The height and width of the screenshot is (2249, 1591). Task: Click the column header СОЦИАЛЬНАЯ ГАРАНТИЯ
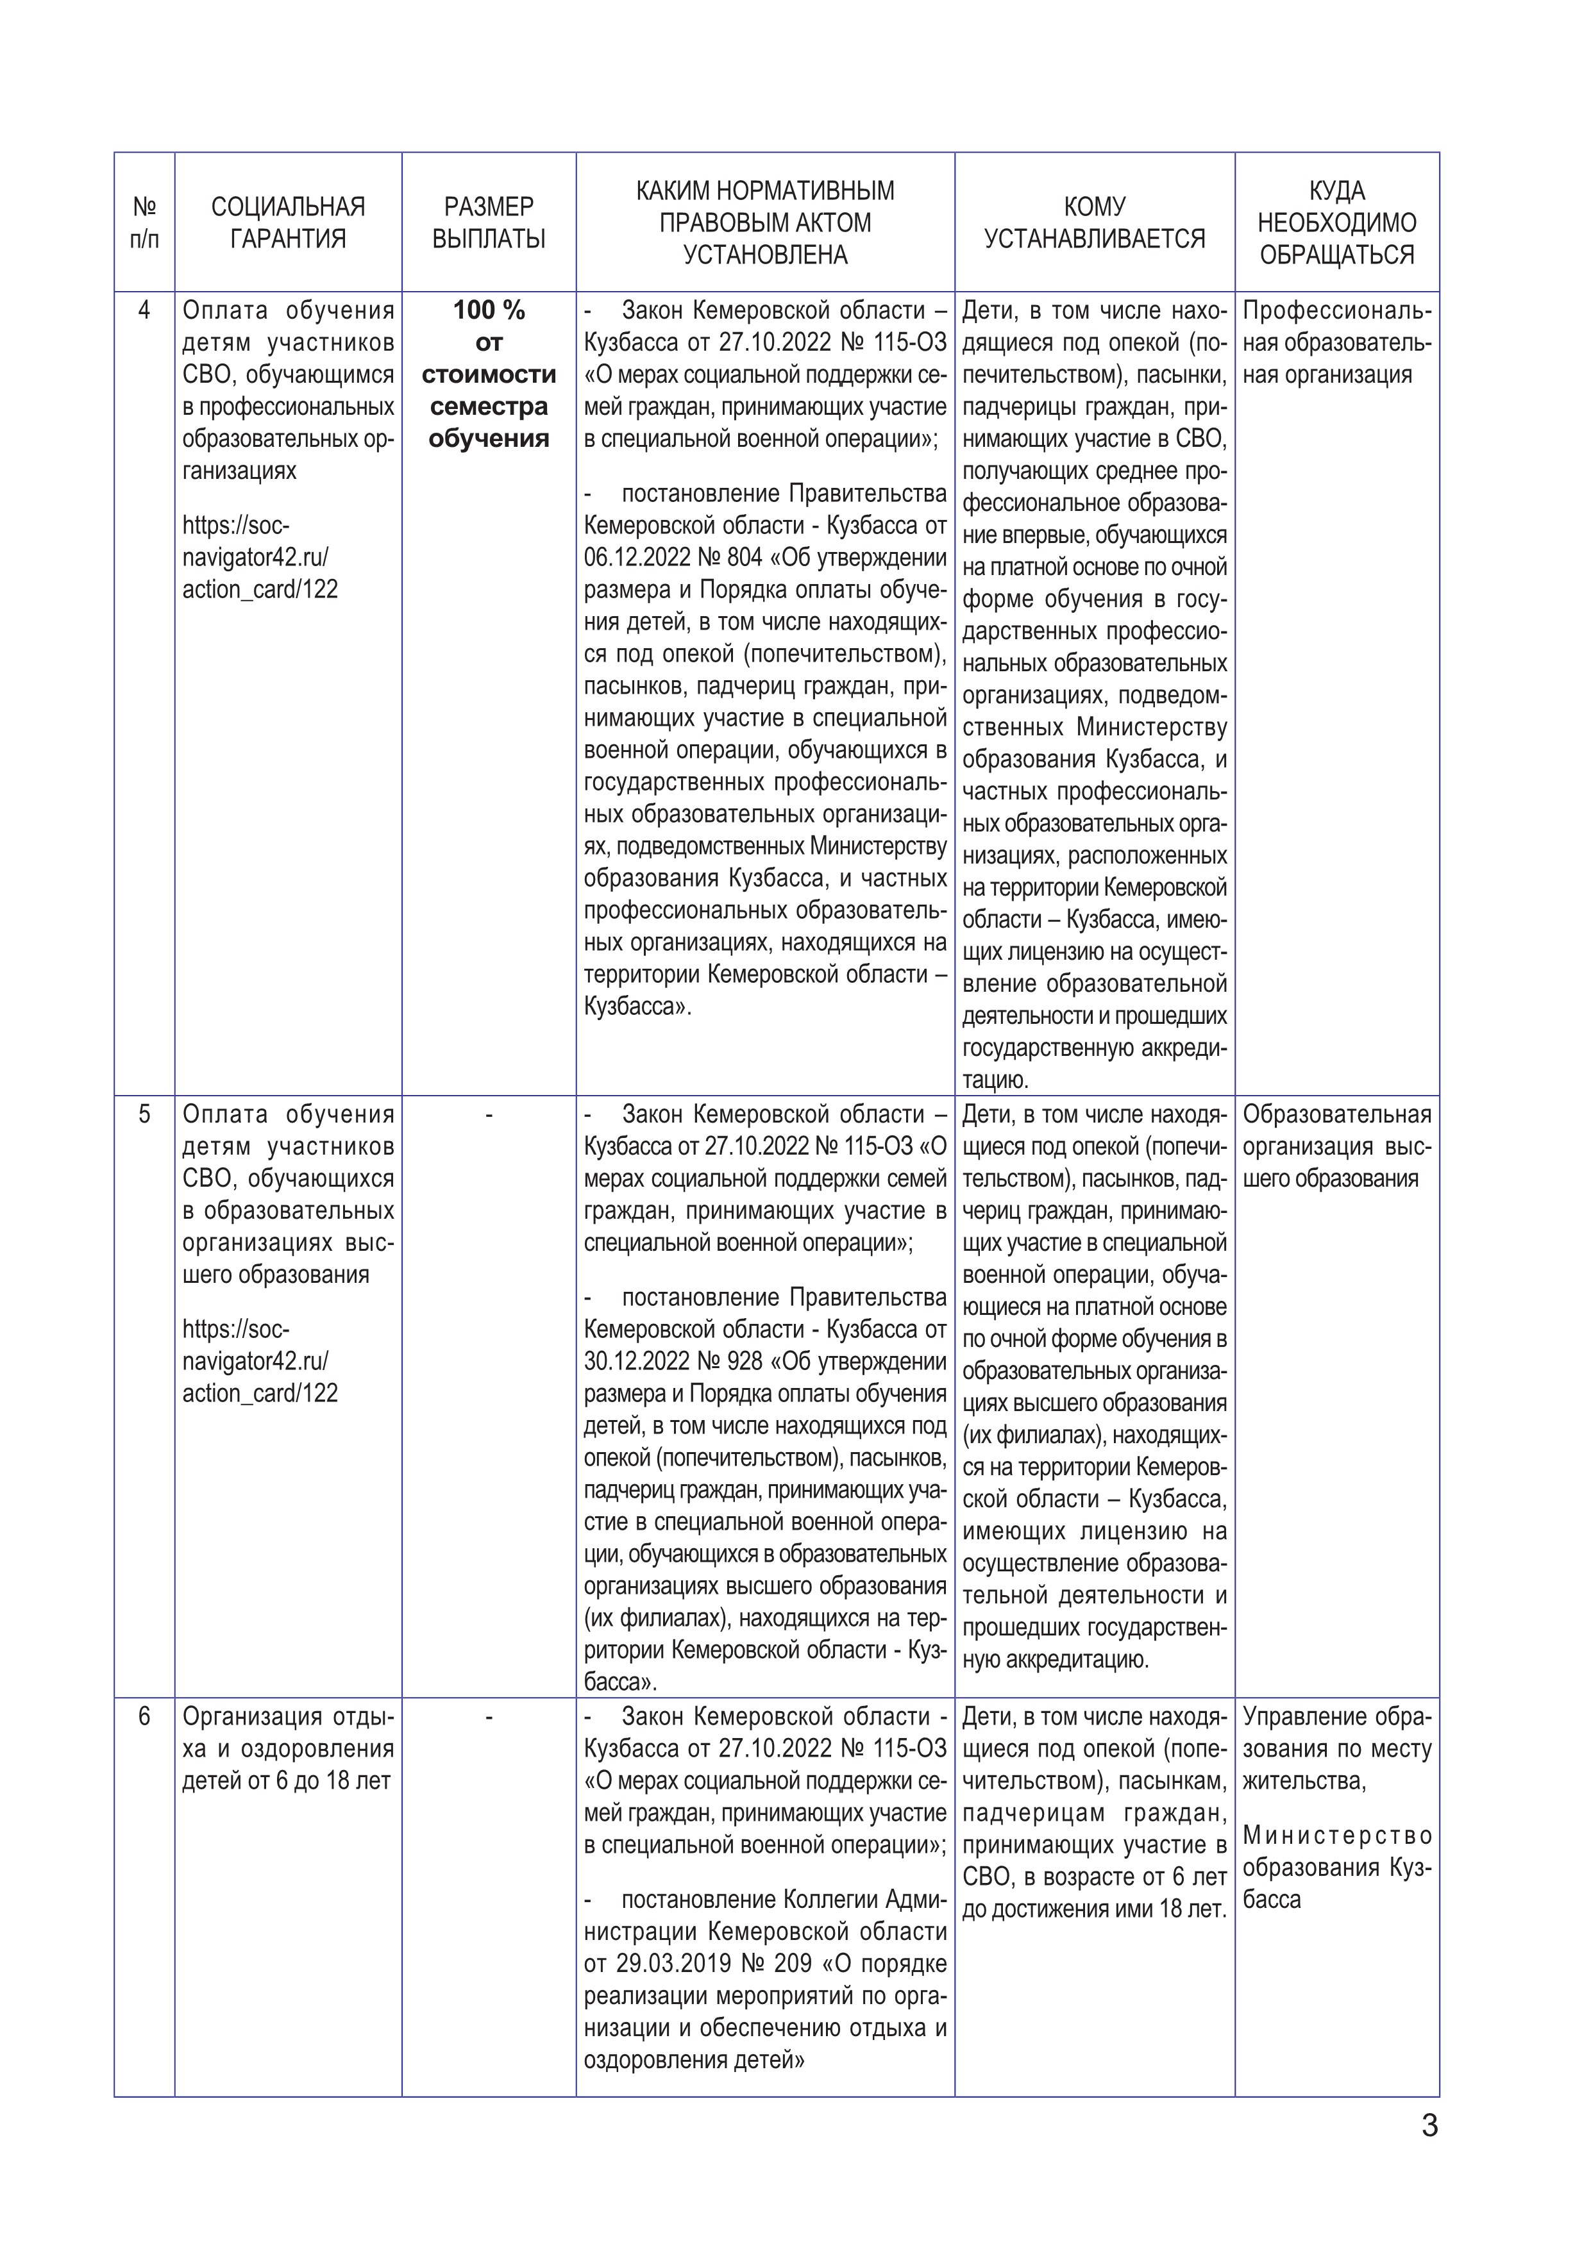click(288, 222)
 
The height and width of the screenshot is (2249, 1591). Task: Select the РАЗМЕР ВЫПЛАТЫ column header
click(488, 222)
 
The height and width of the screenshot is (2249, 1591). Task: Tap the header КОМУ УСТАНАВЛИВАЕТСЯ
click(1094, 222)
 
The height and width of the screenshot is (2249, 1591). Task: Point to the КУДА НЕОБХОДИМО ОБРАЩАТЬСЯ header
click(1336, 222)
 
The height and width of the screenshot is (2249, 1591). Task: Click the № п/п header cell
click(144, 222)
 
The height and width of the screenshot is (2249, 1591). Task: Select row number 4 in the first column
click(145, 310)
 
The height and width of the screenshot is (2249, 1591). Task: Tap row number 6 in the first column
click(145, 1716)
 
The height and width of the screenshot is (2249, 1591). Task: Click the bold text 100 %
click(489, 310)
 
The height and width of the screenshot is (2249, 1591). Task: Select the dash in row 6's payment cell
click(489, 1716)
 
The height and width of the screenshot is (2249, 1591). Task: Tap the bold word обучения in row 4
click(489, 439)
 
